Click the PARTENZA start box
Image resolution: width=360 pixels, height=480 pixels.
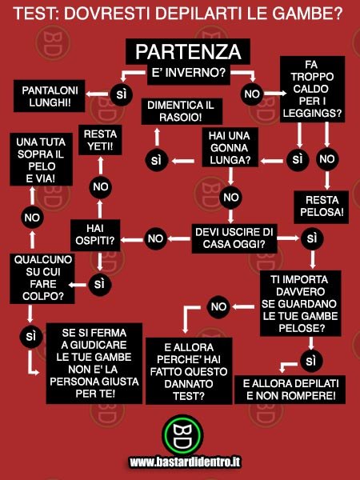[188, 51]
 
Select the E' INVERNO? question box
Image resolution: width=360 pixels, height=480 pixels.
[189, 74]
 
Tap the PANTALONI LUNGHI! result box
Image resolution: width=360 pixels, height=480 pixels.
[50, 96]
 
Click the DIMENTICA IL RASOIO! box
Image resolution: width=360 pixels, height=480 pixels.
[182, 111]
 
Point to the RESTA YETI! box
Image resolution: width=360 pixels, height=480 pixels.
[100, 140]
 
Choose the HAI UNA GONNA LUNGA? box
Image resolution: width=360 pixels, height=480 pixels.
[230, 147]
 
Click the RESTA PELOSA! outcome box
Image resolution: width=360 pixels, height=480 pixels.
[321, 206]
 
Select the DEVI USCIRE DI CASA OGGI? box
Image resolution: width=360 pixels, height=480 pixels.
[234, 238]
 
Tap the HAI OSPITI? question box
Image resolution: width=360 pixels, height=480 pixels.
[95, 235]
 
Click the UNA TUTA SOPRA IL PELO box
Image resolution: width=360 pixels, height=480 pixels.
[41, 159]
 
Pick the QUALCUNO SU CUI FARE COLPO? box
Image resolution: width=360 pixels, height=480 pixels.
[42, 278]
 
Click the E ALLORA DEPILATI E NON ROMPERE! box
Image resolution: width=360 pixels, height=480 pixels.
[290, 390]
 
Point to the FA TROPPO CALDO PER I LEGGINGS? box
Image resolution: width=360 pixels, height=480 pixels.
[312, 89]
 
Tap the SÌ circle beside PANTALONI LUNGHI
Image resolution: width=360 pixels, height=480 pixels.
[122, 94]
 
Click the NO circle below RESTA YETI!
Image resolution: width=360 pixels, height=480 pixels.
[101, 186]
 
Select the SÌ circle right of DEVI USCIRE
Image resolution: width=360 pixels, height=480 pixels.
[312, 238]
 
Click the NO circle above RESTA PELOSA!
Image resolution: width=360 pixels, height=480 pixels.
[327, 159]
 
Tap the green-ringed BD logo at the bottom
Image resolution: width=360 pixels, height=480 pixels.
[182, 434]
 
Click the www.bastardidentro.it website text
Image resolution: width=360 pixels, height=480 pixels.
[185, 462]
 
